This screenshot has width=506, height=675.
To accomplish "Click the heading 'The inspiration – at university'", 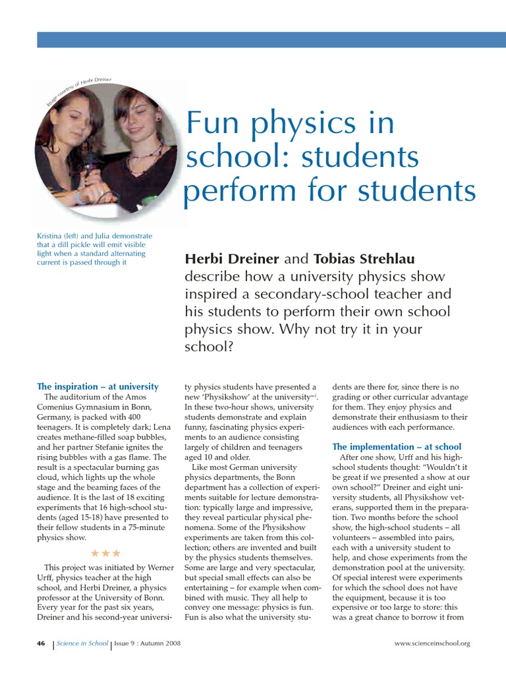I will click(x=98, y=386).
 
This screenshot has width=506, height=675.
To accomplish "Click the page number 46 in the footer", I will click(x=41, y=643).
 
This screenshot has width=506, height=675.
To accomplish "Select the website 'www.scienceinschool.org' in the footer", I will click(x=432, y=643).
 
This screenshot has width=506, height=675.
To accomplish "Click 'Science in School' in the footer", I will click(x=82, y=643).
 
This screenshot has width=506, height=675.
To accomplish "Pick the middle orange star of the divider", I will click(x=105, y=552).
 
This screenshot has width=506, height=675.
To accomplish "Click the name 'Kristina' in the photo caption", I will click(x=51, y=235).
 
